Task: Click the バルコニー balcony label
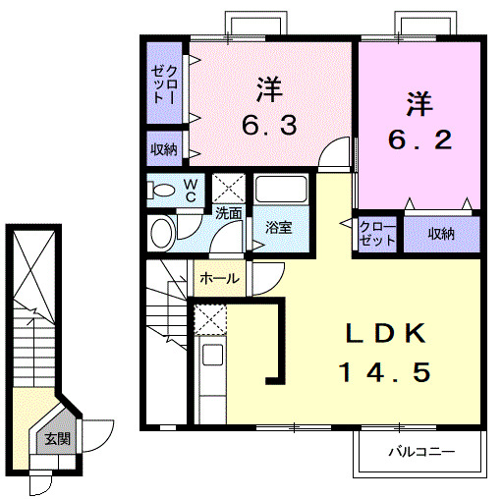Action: pyautogui.click(x=419, y=454)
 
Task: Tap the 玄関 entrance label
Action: pyautogui.click(x=55, y=439)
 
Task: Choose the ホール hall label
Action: pyautogui.click(x=219, y=279)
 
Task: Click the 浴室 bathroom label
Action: pyautogui.click(x=279, y=228)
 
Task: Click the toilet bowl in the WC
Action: pyautogui.click(x=162, y=190)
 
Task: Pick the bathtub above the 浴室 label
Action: pyautogui.click(x=282, y=192)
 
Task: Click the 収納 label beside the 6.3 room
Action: pyautogui.click(x=164, y=149)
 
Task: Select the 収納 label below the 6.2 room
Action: pyautogui.click(x=441, y=234)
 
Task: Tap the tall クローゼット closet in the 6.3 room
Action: pyautogui.click(x=164, y=83)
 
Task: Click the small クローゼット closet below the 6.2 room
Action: pyautogui.click(x=376, y=234)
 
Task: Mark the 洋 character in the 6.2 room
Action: pyautogui.click(x=418, y=101)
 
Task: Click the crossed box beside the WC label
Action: pyautogui.click(x=230, y=187)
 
